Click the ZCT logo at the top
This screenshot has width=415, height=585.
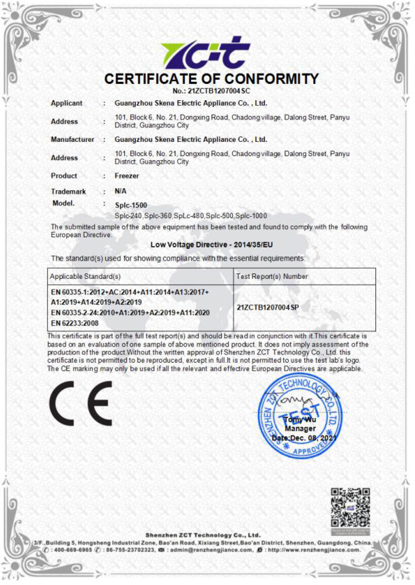point(206,53)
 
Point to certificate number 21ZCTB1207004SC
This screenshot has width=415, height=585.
point(219,91)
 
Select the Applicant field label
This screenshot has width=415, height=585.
point(66,103)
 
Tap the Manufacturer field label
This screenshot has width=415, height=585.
point(72,139)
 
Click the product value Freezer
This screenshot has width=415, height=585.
point(127,176)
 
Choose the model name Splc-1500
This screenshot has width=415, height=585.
point(131,205)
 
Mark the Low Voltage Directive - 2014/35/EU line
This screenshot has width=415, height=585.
point(212,245)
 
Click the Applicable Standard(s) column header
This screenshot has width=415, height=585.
point(85,276)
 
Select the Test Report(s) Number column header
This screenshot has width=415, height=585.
point(272,276)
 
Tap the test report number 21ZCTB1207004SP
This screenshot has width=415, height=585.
point(268,308)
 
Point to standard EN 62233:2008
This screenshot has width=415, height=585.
point(75,323)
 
